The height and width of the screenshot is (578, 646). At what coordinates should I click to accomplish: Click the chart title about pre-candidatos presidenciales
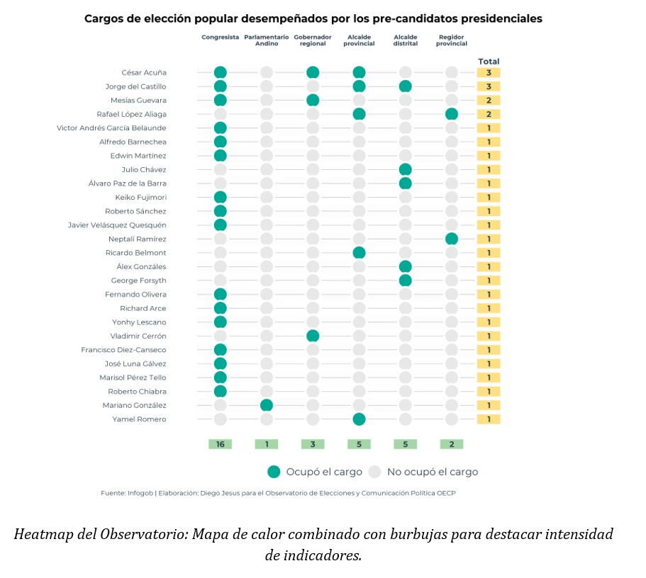313,18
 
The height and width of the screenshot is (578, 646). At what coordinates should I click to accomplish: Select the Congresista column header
220,37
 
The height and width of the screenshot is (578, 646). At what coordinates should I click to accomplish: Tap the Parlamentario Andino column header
266,40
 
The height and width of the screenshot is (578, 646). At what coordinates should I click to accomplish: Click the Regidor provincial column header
452,40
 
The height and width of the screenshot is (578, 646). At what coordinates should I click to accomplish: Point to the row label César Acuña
144,72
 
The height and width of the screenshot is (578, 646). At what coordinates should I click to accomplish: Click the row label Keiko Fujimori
140,197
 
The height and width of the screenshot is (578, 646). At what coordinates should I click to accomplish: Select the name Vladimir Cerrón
138,336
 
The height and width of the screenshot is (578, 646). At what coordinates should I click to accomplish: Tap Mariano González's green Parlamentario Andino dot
267,405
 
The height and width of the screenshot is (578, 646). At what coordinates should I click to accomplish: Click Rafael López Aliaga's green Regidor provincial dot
452,114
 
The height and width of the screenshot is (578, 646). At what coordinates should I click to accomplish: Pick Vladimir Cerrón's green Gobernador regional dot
313,336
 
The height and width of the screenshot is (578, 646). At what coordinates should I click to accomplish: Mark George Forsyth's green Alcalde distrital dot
406,280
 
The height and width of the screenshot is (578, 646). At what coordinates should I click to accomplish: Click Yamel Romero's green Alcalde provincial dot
359,419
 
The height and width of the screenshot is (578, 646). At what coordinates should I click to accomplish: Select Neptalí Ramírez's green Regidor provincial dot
452,239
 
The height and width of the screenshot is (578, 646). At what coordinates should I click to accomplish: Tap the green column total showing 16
220,444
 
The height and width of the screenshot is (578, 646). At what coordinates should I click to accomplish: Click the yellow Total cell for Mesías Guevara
489,101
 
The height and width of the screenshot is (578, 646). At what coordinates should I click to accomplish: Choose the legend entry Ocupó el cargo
315,472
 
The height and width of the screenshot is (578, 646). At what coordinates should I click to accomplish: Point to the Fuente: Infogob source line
277,493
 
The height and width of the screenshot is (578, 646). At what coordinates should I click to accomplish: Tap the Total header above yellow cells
489,62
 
